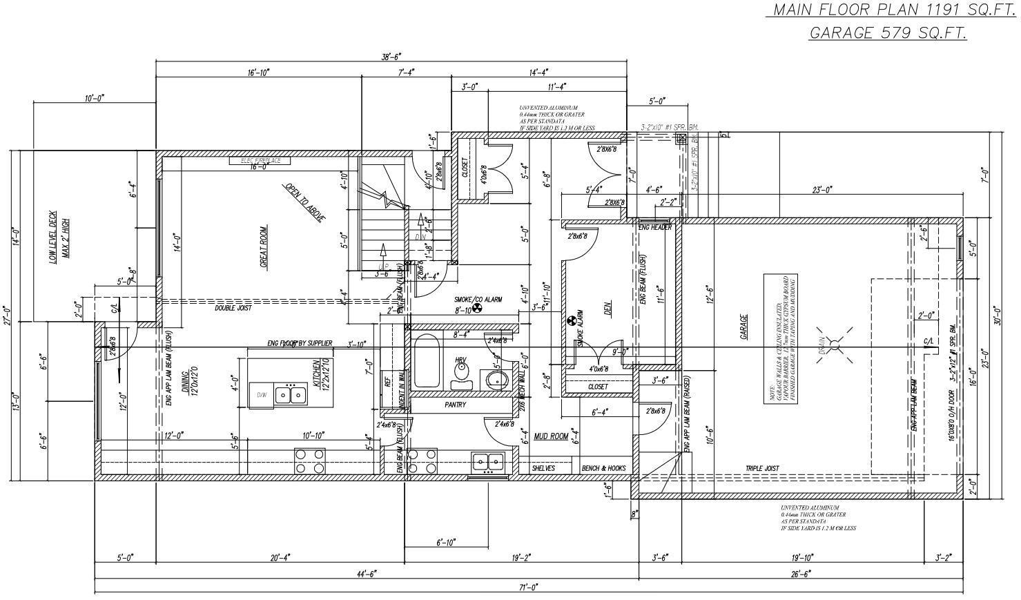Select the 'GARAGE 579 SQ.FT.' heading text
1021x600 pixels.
(x=888, y=32)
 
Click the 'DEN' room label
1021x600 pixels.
(x=608, y=307)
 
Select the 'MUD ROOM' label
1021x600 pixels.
(x=550, y=436)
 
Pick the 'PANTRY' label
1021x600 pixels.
(x=455, y=405)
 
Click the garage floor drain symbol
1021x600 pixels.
(x=834, y=345)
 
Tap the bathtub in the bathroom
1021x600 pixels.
(x=426, y=361)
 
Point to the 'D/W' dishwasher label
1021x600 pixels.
(x=262, y=396)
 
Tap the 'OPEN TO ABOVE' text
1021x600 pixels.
(x=304, y=202)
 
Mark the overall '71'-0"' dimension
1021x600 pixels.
(x=528, y=587)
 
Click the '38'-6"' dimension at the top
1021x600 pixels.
(x=391, y=57)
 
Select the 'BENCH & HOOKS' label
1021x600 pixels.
(x=603, y=468)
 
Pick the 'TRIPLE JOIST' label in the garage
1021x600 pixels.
(x=762, y=468)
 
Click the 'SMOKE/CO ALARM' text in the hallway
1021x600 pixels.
(x=478, y=300)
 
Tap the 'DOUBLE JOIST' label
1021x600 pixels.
(x=233, y=308)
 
